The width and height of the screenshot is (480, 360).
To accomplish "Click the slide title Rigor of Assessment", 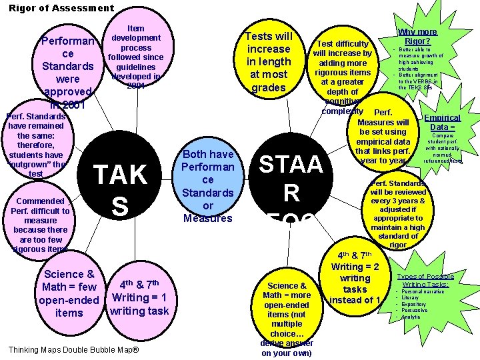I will pos(61,8).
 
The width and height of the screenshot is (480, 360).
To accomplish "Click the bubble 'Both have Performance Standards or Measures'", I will pos(208,186).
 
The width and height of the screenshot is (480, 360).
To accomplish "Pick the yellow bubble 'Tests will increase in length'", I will pos(269,62).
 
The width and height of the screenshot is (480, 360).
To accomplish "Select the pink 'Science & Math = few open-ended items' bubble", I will pos(69,293).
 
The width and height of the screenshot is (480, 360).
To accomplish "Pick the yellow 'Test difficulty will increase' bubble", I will pos(343,79).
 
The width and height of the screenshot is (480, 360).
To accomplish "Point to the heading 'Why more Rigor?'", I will pos(418,36).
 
